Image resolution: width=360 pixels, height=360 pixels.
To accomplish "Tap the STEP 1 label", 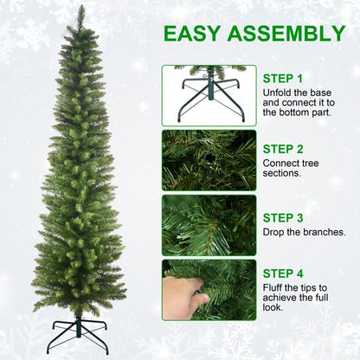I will coord(283,78).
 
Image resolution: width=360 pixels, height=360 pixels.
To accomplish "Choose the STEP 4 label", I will coord(283,274).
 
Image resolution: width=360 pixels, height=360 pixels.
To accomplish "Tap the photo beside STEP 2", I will coord(209,160).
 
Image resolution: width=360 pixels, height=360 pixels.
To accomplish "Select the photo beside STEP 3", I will coord(209,225).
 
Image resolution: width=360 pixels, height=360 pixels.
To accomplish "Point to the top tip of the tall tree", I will coord(80,9).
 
